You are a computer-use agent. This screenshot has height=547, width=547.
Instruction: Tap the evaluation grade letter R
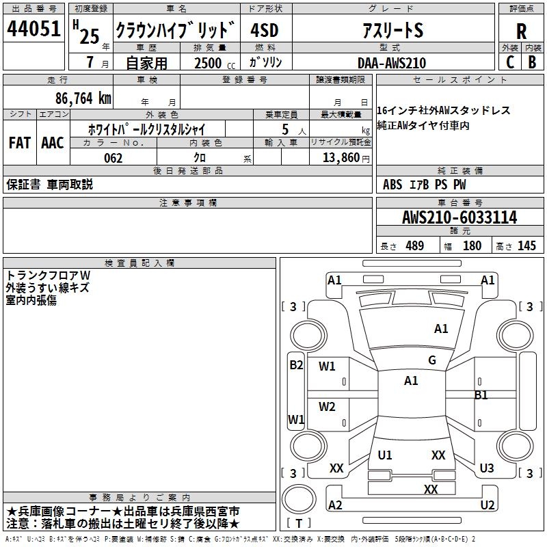coord(521,31)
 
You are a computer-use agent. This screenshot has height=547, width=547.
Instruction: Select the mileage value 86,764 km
coord(84,98)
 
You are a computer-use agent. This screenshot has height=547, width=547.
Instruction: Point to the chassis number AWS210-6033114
coord(459,218)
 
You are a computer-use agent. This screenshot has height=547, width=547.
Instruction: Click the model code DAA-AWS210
coord(392,63)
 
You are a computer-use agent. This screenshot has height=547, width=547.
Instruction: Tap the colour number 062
coord(113,158)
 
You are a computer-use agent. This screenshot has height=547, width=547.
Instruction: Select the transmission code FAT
coord(20,143)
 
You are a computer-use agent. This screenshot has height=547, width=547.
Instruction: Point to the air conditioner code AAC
coord(53,143)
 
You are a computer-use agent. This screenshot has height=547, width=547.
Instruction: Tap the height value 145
coord(526,246)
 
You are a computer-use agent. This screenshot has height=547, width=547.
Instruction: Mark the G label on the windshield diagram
coord(432,360)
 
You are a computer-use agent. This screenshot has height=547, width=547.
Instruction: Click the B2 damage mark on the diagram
coord(296,365)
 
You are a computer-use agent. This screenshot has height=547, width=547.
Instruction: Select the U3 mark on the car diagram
coord(487,468)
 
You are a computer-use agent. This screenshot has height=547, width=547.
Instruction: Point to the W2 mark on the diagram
coord(328,407)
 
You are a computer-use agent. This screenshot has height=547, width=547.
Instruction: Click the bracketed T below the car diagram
coord(299,524)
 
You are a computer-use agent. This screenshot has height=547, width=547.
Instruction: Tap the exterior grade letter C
coord(510,62)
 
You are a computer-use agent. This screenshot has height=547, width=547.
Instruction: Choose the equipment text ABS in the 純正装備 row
coord(392,185)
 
